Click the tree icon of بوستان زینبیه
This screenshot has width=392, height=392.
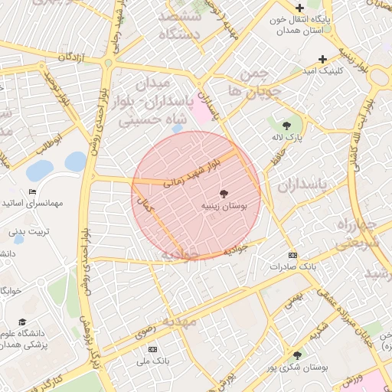224,194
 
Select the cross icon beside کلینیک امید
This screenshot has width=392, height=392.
322,59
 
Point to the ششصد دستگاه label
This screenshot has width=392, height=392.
180,25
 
